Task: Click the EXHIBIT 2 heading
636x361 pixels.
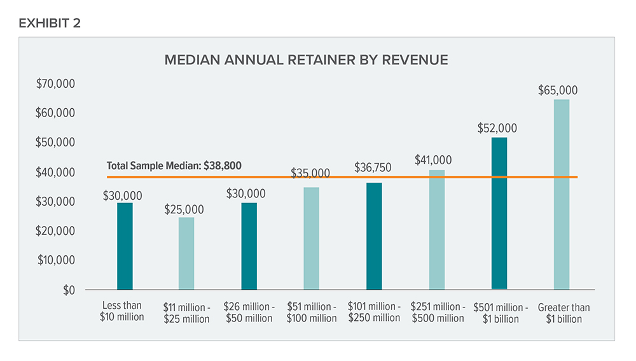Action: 50,24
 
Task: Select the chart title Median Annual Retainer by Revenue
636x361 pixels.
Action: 306,60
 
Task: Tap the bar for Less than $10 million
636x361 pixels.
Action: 125,246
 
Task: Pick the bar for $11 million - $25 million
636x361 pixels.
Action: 187,253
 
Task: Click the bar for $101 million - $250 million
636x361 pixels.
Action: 374,236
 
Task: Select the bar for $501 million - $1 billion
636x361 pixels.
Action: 499,213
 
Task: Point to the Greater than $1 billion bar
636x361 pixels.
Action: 562,194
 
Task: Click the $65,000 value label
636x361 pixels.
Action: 558,90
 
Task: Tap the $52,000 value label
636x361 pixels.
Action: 497,128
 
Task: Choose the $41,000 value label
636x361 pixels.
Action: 434,160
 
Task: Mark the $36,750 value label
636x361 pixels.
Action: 373,168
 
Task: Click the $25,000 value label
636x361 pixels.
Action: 184,209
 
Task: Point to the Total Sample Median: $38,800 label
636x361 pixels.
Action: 174,166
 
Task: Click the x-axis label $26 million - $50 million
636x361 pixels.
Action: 249,313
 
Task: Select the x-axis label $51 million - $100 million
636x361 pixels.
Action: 312,313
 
